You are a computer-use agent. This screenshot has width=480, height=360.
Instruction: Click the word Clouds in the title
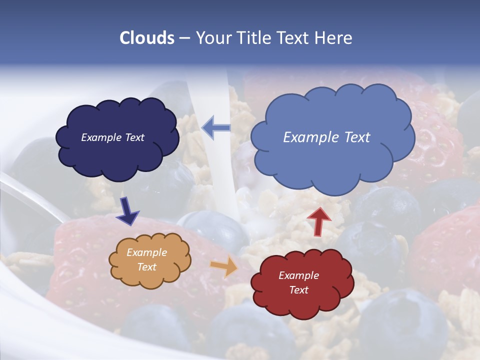pos(147,38)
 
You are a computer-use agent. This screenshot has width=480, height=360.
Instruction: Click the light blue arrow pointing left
pos(216,127)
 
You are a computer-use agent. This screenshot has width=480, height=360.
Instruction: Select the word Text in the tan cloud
pos(146,267)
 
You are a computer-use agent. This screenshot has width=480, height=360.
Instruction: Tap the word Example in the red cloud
pos(298,275)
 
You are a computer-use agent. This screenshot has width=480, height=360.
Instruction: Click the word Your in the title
pos(212,38)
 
